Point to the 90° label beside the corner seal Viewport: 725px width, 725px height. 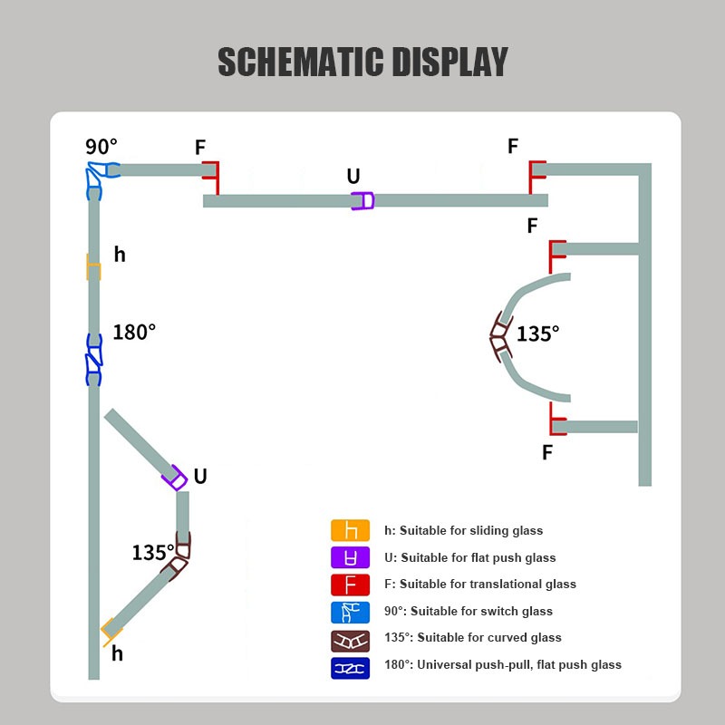(x=101, y=147)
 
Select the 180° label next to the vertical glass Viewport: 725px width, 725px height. (x=134, y=333)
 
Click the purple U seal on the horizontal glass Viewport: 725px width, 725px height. (x=362, y=201)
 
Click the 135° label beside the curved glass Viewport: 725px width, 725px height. (x=538, y=333)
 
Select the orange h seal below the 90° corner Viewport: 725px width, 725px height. (x=92, y=267)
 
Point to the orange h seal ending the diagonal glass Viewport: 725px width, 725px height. (x=111, y=629)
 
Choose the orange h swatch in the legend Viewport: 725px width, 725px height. (x=351, y=531)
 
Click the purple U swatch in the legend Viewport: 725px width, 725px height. (x=351, y=557)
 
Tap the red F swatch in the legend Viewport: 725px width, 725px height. (x=351, y=585)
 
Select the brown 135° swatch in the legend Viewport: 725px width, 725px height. (x=351, y=638)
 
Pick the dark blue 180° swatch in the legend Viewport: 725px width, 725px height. (x=351, y=665)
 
